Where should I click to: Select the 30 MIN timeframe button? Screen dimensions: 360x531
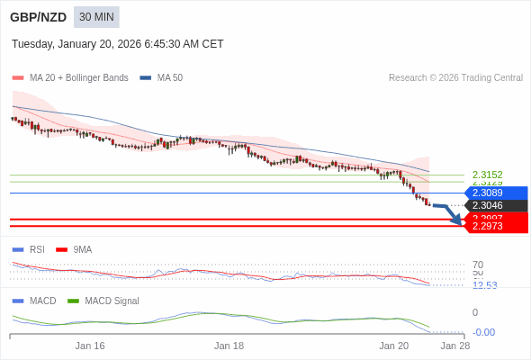96,17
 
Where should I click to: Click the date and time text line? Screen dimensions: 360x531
117,44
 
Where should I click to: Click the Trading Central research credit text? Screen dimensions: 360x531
455,78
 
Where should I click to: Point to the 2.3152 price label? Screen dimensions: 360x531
487,175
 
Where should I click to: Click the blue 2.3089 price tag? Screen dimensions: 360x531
495,193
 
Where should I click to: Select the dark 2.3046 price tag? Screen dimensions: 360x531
495,205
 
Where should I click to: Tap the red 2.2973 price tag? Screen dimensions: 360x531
495,226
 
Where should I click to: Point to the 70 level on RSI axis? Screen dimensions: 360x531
478,265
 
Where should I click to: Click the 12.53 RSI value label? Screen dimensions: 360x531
484,285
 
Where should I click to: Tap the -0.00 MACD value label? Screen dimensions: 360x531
483,332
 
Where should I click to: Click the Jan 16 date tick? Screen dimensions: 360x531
90,346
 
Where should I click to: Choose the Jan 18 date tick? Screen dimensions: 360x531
229,346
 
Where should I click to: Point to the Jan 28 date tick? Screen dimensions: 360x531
454,346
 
